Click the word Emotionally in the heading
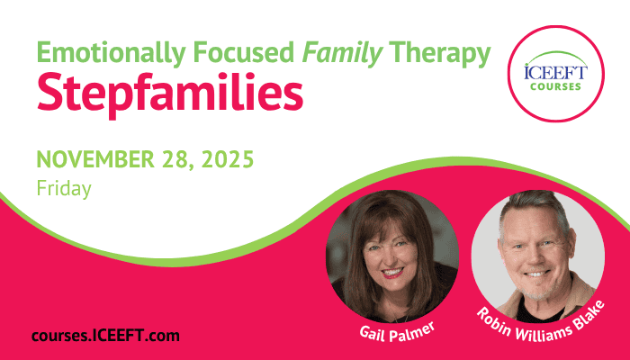click(x=112, y=53)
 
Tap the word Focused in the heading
click(x=244, y=52)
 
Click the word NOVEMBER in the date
click(x=95, y=158)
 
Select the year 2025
click(x=228, y=158)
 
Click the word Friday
click(x=64, y=188)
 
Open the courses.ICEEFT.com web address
click(x=105, y=336)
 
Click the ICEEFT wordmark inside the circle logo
click(x=555, y=72)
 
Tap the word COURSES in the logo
click(x=555, y=86)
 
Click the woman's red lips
click(x=392, y=274)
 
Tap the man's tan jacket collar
click(x=579, y=293)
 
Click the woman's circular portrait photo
click(x=392, y=256)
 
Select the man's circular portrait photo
click(x=538, y=256)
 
